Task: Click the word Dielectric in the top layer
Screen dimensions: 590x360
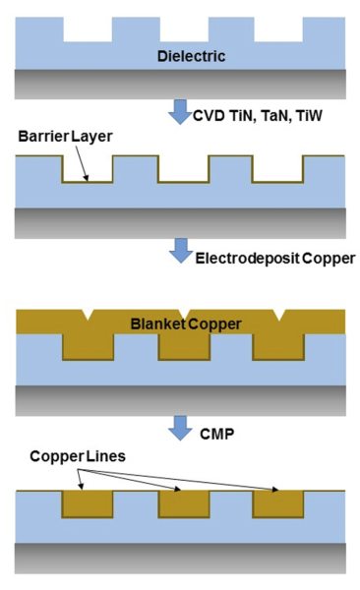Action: point(191,56)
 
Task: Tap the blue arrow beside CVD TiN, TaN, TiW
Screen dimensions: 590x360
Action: point(180,111)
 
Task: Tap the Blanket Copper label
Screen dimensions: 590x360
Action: point(186,324)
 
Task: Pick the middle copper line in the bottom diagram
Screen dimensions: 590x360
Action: point(181,502)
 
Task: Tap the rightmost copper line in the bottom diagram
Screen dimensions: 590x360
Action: point(276,502)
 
